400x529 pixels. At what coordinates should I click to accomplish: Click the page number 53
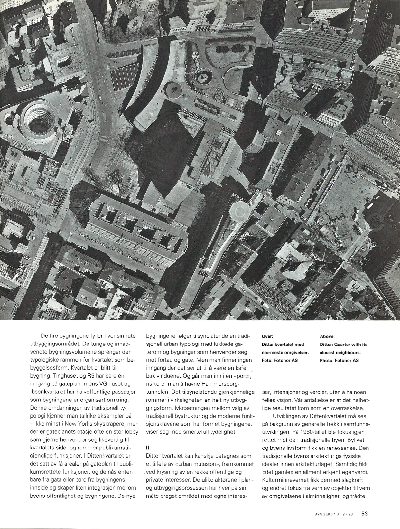(x=364, y=514)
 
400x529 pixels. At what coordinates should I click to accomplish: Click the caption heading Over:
(x=267, y=336)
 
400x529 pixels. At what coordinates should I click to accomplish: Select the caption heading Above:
(x=327, y=336)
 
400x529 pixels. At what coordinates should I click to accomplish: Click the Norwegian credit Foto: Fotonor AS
(x=280, y=360)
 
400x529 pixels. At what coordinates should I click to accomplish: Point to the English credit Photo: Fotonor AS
(x=339, y=360)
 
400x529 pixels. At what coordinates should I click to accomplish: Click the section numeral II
(x=148, y=447)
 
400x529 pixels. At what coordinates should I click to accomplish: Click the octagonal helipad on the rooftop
(x=238, y=211)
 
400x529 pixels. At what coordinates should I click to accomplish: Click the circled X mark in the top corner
(x=388, y=15)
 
